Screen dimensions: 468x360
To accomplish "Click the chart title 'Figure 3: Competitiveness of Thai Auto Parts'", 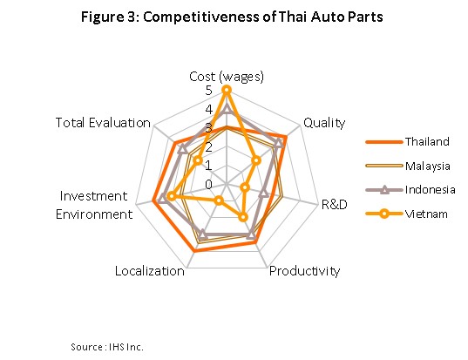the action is tap(232, 17).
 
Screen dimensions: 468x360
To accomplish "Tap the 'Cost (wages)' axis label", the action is tap(227, 77).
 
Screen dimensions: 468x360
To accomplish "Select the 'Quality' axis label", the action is tap(324, 123).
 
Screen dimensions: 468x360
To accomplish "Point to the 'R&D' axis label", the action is tap(335, 205).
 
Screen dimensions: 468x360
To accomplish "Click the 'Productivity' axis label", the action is tap(304, 271).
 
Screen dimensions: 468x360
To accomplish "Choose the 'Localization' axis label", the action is tap(150, 271).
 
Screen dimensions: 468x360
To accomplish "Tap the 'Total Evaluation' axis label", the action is tap(103, 123).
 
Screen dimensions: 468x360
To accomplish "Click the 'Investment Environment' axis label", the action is tap(94, 205).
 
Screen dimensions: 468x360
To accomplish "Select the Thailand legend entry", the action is tap(407, 141).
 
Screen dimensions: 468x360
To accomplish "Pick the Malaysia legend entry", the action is tap(408, 166).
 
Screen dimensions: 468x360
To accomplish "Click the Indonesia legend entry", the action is tap(410, 190).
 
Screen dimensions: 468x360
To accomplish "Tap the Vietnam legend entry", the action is tap(406, 214).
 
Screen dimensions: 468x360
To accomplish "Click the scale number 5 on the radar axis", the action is tap(208, 91).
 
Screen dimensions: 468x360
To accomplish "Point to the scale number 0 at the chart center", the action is tap(208, 185).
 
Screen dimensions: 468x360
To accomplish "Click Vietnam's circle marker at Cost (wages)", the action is tap(227, 90).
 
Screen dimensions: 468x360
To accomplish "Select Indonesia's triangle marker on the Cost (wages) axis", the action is tap(227, 109).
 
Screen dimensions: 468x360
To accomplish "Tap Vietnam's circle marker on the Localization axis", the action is tap(219, 200).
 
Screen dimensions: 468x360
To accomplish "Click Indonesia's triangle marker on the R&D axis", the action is tap(263, 194).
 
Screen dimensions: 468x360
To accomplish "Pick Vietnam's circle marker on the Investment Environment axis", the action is tap(171, 196).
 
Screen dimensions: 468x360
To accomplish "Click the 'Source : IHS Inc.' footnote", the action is tap(107, 347).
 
